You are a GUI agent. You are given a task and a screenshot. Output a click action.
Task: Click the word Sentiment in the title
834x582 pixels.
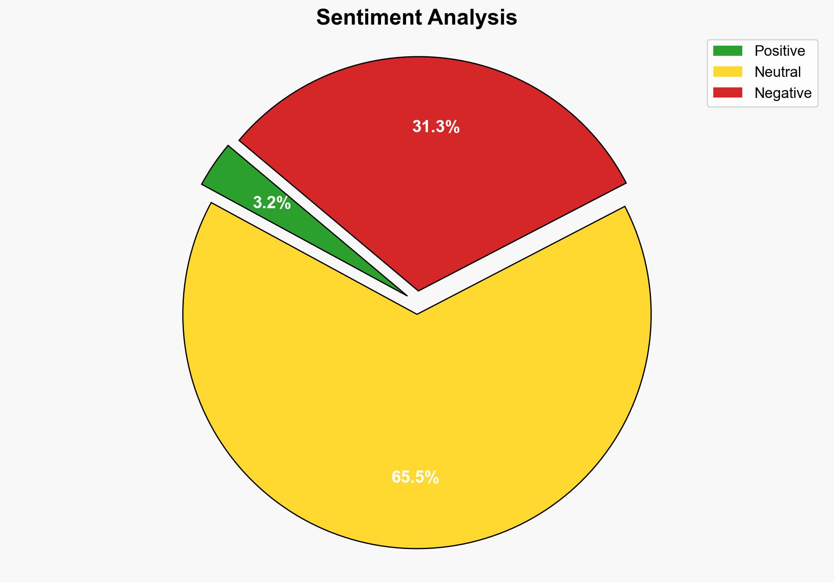[370, 18]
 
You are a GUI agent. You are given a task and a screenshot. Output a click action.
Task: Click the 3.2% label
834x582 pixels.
[272, 203]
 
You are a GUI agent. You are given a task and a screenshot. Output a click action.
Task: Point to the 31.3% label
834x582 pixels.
[435, 127]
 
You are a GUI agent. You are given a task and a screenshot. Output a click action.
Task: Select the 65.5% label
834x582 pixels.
[415, 477]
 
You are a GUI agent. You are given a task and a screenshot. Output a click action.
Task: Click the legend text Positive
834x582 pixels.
[780, 51]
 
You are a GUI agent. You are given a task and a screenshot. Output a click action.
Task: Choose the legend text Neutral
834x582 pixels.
[777, 72]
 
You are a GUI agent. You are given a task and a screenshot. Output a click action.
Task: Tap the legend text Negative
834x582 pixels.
[783, 93]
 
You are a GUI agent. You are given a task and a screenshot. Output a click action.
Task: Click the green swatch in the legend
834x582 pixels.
[727, 51]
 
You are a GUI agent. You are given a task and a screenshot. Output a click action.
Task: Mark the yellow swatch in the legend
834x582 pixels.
[727, 72]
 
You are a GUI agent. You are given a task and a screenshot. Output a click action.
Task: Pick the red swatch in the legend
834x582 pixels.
[727, 93]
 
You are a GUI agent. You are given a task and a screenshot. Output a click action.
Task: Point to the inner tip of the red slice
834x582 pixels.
[418, 289]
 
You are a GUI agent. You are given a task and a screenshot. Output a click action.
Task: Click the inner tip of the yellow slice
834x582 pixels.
[417, 313]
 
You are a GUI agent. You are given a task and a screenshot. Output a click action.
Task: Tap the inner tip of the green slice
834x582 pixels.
[406, 294]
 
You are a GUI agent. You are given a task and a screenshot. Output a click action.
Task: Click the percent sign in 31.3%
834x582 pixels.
[453, 127]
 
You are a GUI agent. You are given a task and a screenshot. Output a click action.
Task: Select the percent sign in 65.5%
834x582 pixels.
[432, 477]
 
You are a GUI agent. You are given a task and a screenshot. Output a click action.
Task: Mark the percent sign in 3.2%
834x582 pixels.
[284, 203]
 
